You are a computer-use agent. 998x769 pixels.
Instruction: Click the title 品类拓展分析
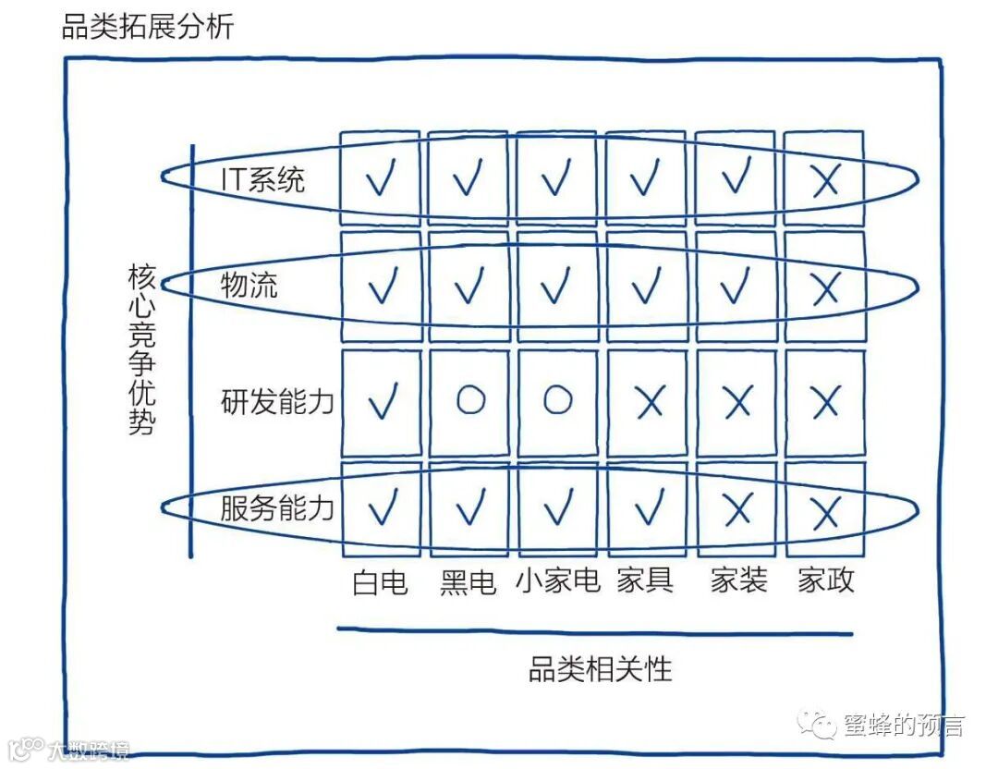point(148,26)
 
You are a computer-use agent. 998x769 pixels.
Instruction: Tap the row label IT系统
point(262,178)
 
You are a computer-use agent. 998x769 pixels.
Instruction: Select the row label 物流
point(249,286)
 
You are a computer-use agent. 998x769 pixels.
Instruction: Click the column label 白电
point(380,582)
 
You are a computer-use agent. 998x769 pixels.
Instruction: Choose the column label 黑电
point(468,582)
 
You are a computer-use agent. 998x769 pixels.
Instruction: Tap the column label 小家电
point(557,581)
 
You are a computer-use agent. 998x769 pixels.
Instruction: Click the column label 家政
point(826,580)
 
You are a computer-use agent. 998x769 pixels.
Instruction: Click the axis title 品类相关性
point(600,668)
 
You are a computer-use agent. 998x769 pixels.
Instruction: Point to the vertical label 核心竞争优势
point(142,350)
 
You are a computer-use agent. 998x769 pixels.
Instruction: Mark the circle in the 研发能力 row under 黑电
point(469,399)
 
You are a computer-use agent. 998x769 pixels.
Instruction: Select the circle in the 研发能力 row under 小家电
point(557,399)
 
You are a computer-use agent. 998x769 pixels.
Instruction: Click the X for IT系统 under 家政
point(824,180)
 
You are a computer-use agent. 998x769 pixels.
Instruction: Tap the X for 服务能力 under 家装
point(736,507)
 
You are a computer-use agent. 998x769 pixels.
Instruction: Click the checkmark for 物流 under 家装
point(736,287)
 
